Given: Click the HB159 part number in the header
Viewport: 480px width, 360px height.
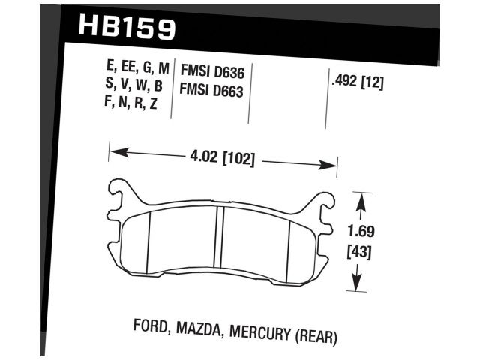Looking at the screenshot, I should [x=127, y=28].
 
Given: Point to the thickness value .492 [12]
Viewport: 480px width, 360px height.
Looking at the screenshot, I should [x=357, y=84].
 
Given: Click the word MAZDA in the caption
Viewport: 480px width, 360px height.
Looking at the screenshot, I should [x=201, y=329].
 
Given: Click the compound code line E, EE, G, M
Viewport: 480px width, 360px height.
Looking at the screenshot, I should [x=137, y=69].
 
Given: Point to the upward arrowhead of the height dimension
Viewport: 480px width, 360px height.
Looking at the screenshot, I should [x=361, y=200].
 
